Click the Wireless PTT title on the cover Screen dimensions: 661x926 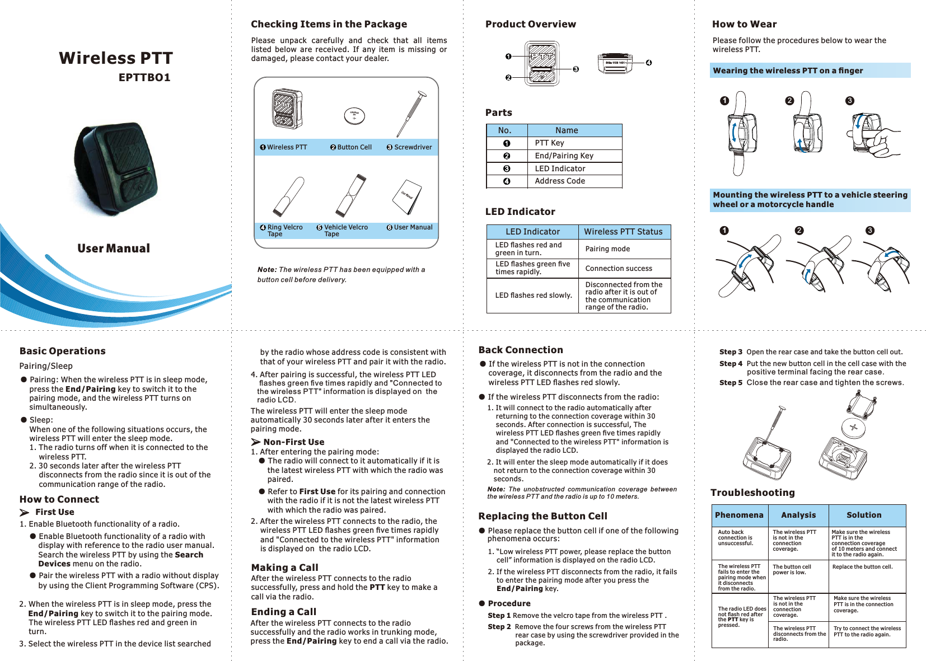point(116,58)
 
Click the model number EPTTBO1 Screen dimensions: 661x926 point(144,78)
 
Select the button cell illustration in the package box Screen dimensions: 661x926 point(354,116)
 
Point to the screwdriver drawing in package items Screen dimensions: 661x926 point(408,114)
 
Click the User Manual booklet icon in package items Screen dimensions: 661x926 point(407,197)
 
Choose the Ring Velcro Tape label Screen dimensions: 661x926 point(284,231)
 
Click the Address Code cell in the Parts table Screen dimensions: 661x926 point(560,181)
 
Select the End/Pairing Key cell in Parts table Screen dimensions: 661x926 point(564,156)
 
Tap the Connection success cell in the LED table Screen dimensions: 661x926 point(619,269)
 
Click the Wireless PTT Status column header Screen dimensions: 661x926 point(623,232)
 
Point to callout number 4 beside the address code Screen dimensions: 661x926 point(648,63)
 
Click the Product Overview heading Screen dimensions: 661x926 point(530,24)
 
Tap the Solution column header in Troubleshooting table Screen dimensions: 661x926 point(864,515)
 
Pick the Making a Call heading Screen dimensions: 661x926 point(284,568)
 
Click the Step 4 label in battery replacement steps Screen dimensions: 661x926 point(731,364)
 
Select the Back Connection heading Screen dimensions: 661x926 point(521,350)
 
